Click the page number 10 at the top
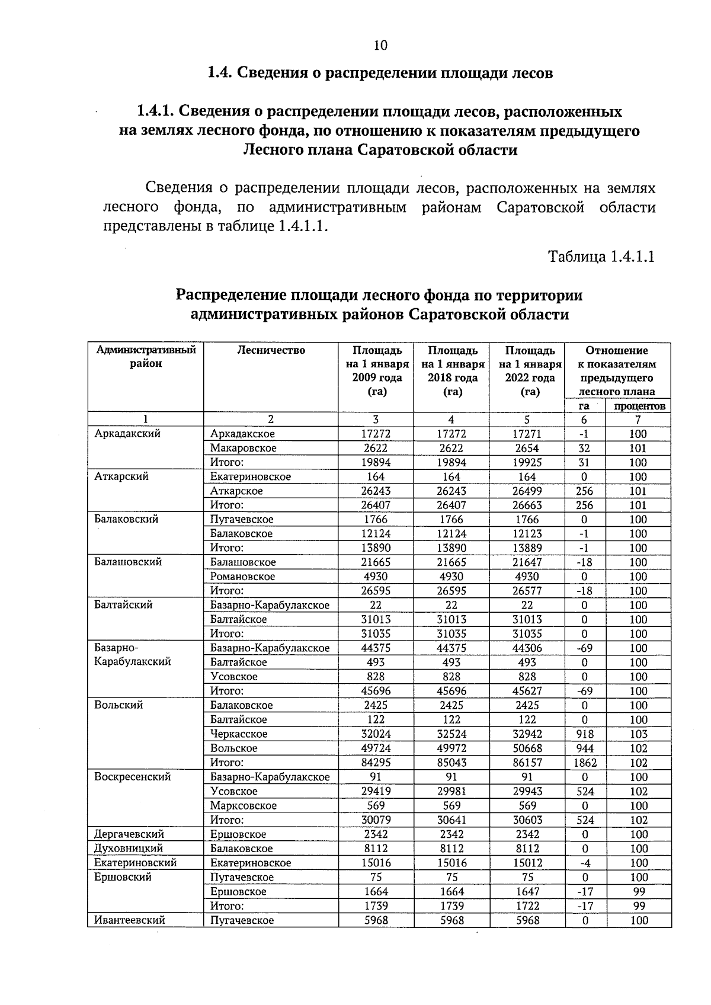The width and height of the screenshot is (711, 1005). pyautogui.click(x=380, y=46)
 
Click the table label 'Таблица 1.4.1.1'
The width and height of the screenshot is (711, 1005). pyautogui.click(x=601, y=257)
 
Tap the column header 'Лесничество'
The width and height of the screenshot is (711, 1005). pyautogui.click(x=271, y=350)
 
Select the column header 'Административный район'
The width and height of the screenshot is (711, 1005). pyautogui.click(x=146, y=357)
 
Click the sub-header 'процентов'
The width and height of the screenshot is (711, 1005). pyautogui.click(x=639, y=406)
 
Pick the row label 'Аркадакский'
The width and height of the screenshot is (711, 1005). pyautogui.click(x=127, y=434)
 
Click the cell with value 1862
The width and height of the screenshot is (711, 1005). pyautogui.click(x=585, y=763)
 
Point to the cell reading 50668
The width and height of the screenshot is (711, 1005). pyautogui.click(x=527, y=748)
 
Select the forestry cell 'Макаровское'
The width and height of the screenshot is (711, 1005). pyautogui.click(x=243, y=448)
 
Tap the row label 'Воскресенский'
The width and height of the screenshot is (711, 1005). pyautogui.click(x=133, y=777)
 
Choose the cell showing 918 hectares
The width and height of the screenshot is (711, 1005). pyautogui.click(x=584, y=734)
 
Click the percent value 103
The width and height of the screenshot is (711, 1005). pyautogui.click(x=638, y=734)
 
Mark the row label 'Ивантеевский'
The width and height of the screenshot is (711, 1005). pyautogui.click(x=129, y=920)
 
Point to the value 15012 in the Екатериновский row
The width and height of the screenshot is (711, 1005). pyautogui.click(x=527, y=863)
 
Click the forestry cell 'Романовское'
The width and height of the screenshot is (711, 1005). pyautogui.click(x=242, y=577)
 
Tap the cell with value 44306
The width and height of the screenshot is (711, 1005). pyautogui.click(x=527, y=648)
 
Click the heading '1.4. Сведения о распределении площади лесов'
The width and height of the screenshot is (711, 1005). pyautogui.click(x=380, y=73)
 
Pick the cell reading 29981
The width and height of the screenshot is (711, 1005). pyautogui.click(x=451, y=792)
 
